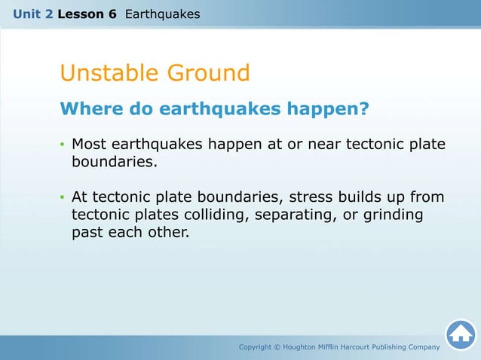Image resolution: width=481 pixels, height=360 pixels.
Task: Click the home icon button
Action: [x=460, y=334]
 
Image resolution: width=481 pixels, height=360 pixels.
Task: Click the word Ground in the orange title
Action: [x=207, y=73]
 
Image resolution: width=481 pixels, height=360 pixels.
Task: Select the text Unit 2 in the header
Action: [x=33, y=14]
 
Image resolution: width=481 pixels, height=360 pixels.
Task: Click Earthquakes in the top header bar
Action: [x=162, y=14]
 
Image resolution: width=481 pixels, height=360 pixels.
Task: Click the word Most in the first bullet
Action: [x=89, y=144]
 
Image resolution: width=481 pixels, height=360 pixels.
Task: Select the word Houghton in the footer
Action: [x=308, y=347]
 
